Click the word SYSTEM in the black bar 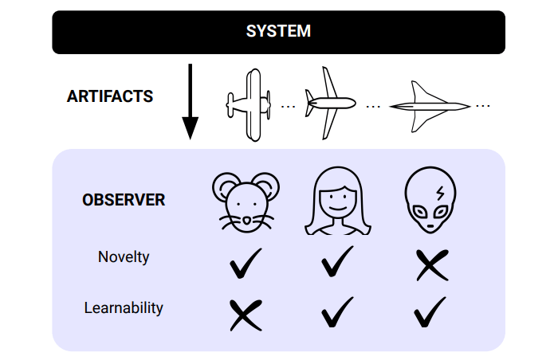278,33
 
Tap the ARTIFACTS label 110,96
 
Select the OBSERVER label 124,200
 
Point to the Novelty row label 124,257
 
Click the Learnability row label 124,307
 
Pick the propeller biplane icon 250,104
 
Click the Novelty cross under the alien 431,265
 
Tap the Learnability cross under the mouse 245,315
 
